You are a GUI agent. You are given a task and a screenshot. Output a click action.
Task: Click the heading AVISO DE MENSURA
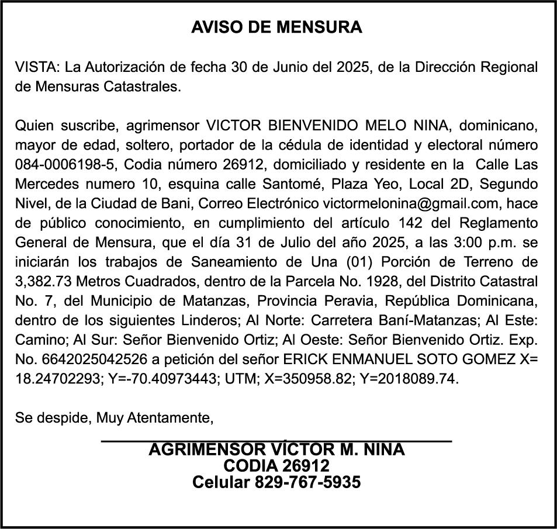[277, 27]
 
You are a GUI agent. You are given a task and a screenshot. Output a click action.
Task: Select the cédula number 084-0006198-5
[63, 163]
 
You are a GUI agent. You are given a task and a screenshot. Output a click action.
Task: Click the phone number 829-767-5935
[307, 482]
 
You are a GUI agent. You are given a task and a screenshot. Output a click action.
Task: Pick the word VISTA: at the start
[36, 67]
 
